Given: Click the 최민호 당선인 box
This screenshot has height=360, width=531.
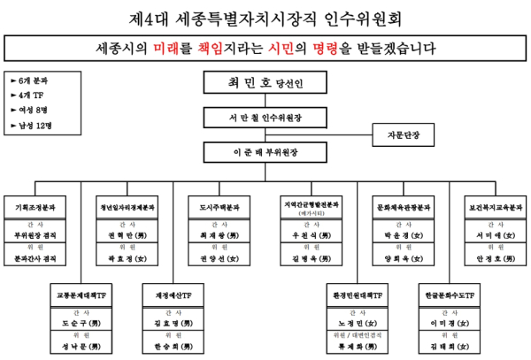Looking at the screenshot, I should tap(265, 83).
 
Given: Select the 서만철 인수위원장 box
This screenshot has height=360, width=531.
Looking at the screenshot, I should tap(265, 117).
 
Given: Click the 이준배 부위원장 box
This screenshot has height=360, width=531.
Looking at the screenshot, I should tap(265, 151).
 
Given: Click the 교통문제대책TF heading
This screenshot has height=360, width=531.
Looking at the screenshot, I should tap(81, 295).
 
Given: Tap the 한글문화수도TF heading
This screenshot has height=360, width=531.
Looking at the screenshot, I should tap(447, 295).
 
